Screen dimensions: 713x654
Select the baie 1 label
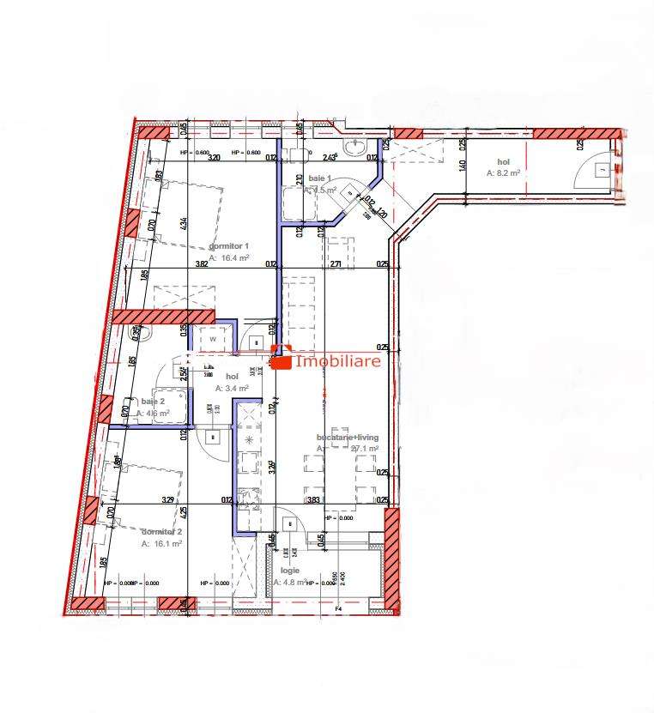coord(318,178)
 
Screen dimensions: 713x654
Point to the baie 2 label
coord(153,402)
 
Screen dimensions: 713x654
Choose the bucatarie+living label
coord(348,438)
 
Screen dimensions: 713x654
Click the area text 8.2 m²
coord(505,172)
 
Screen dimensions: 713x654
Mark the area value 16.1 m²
coord(162,544)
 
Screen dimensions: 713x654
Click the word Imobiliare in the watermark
coord(337,362)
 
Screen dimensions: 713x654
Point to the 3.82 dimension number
coord(203,264)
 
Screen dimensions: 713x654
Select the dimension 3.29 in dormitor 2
coord(168,500)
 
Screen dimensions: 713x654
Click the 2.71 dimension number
coord(336,264)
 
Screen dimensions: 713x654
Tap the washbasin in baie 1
coord(354,148)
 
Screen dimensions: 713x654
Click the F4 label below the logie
coord(338,610)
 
